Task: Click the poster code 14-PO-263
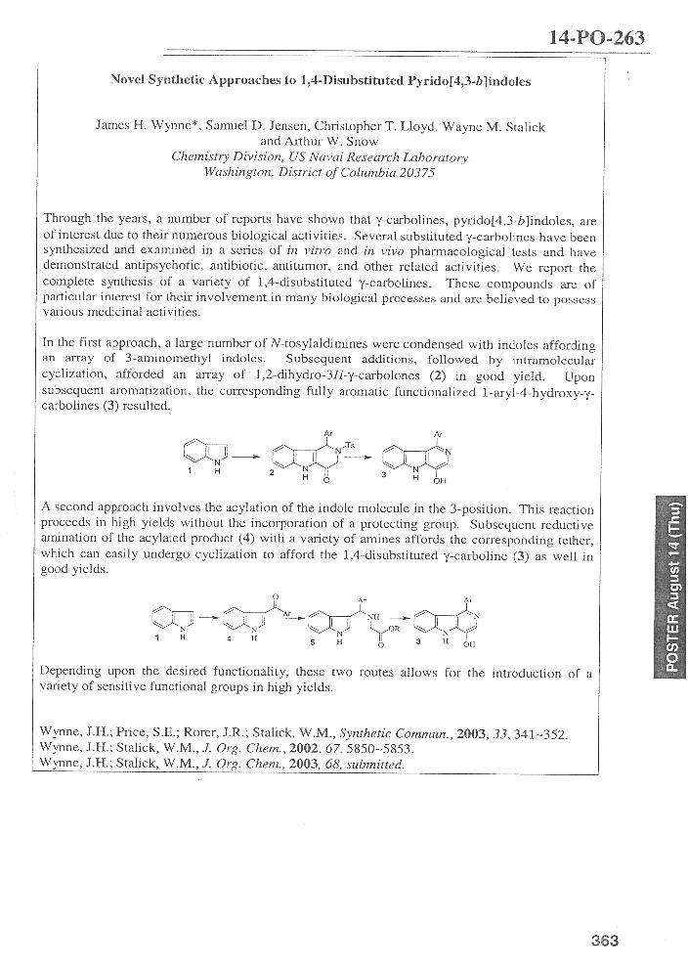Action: point(597,38)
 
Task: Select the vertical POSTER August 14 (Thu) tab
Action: point(673,594)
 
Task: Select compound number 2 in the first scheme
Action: point(273,473)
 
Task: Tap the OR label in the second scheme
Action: point(393,629)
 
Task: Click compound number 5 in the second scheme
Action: point(312,643)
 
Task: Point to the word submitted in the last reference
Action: point(375,764)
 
